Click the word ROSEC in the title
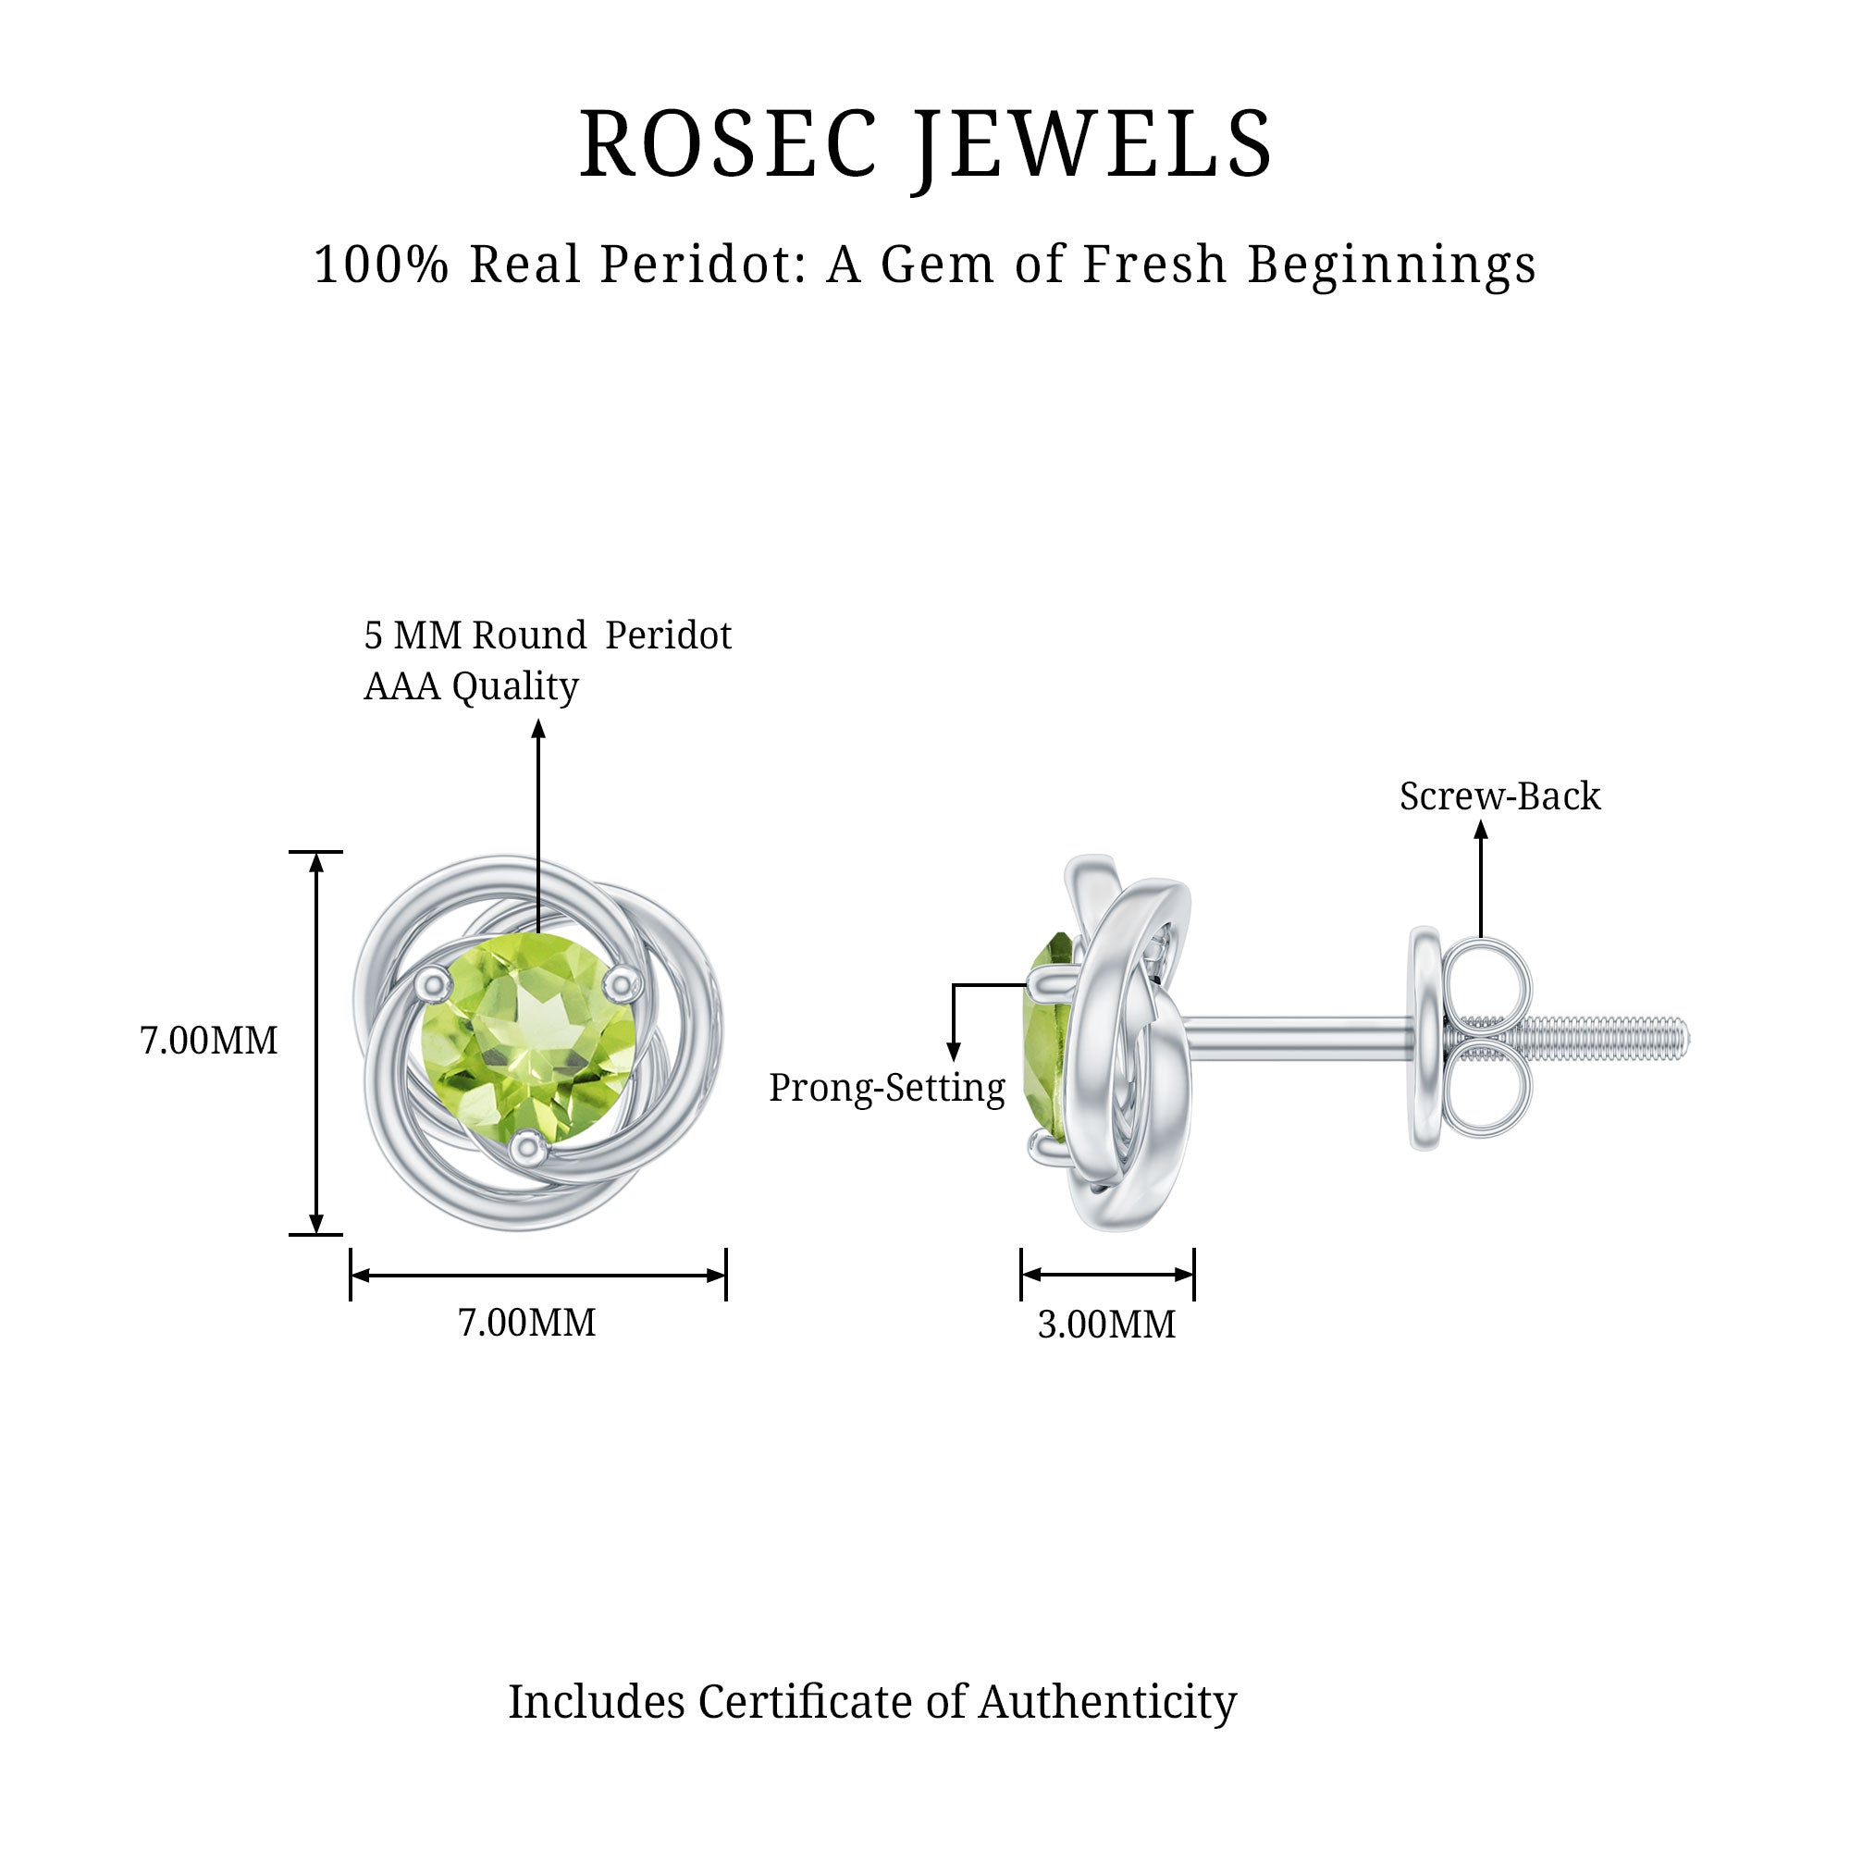(x=728, y=145)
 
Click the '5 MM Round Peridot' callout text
(x=547, y=635)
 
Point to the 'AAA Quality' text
(x=470, y=686)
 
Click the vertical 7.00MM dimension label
(x=209, y=1041)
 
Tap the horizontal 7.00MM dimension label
(x=526, y=1323)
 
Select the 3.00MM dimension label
(x=1106, y=1325)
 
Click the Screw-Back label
(x=1499, y=796)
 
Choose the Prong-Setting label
(x=887, y=1088)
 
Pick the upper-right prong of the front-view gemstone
(x=623, y=980)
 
